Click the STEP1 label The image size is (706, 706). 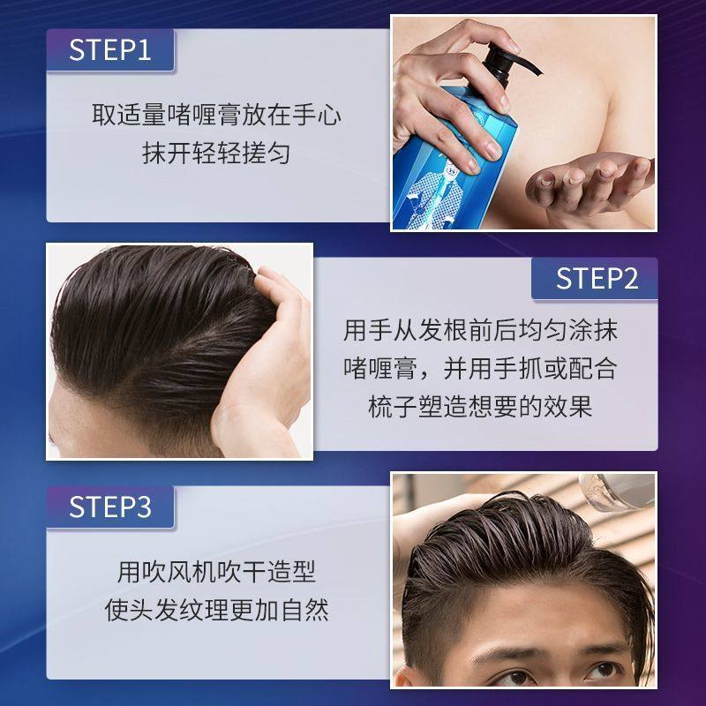point(110,49)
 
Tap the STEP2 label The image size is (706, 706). point(596,279)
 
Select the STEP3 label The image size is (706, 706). point(110,507)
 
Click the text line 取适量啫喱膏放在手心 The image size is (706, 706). point(217,115)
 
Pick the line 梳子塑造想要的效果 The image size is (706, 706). point(481,407)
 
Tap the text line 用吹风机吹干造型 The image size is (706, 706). point(217,572)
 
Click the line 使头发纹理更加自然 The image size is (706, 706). point(217,610)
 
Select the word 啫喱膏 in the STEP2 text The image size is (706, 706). point(378,369)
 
